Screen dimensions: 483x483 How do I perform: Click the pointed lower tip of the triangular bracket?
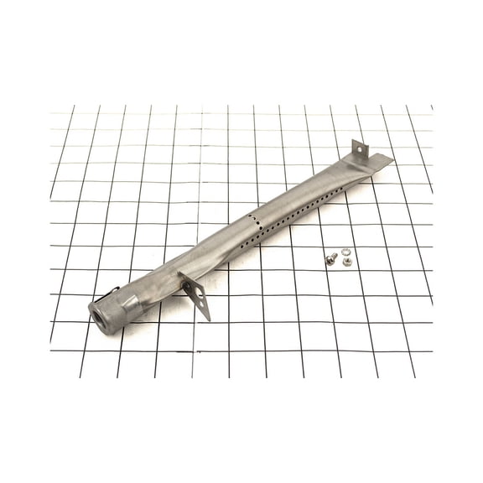[207, 319]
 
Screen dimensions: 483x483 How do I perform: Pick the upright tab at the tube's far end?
[359, 151]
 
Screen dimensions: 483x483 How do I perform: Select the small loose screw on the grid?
[331, 259]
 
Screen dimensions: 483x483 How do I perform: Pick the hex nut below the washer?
[346, 262]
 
